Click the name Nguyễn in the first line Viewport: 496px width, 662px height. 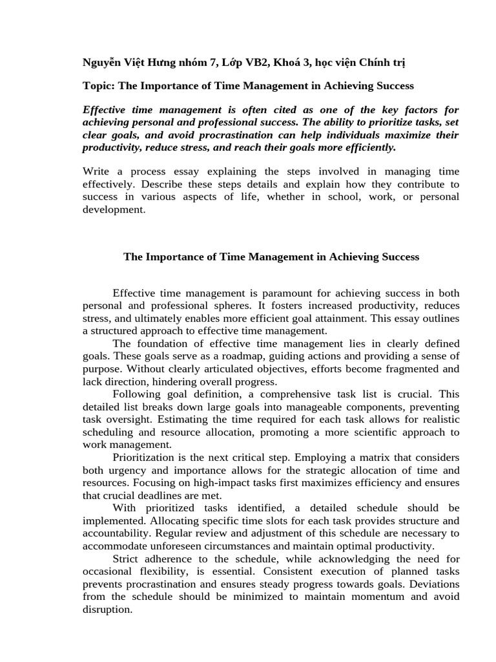coord(102,62)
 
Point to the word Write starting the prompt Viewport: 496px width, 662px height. coord(97,171)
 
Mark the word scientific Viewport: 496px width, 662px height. coord(351,432)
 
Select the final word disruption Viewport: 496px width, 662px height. coord(107,609)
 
